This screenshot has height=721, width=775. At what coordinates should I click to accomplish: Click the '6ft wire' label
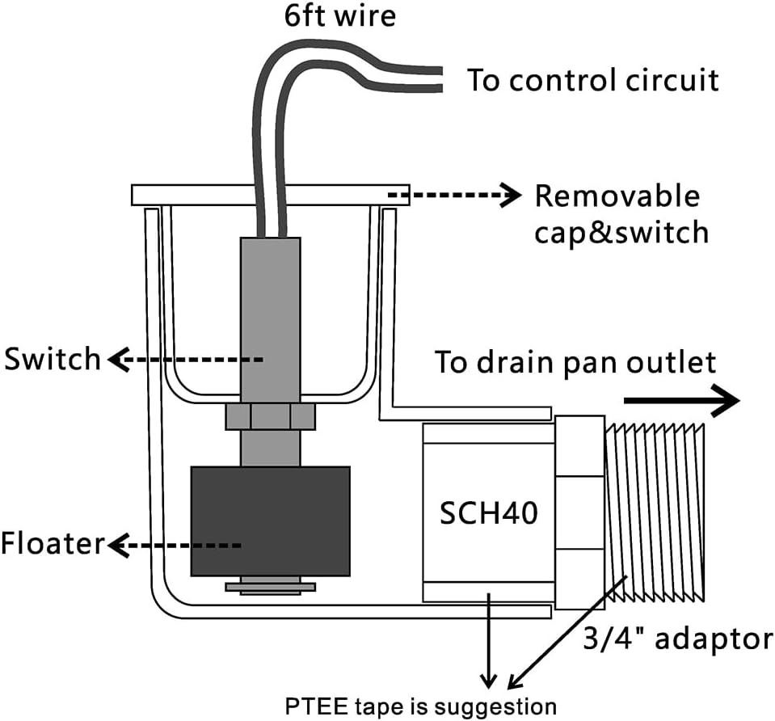coord(340,15)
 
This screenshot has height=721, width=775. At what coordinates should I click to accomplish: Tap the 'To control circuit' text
coord(592,80)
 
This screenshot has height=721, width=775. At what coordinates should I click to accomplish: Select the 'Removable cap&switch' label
coord(621,213)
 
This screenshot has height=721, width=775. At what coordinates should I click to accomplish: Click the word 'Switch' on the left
coord(52,359)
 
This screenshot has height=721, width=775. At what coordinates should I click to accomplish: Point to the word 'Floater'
coord(53,543)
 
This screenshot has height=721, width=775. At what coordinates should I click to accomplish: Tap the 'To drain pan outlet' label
coord(575,362)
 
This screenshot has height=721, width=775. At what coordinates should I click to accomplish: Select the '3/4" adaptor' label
coord(678,639)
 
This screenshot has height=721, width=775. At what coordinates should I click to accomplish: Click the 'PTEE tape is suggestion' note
coord(420,706)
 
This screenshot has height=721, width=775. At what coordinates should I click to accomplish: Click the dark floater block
coord(271,521)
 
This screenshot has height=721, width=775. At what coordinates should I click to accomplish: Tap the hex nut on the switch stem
coord(271,416)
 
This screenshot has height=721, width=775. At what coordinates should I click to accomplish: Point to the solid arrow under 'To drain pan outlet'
coord(681,400)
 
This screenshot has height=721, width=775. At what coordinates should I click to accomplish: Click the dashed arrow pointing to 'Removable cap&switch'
coord(454,196)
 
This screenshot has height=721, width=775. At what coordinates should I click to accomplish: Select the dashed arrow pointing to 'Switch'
coord(185,360)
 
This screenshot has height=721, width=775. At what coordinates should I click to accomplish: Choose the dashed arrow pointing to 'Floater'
coord(174,546)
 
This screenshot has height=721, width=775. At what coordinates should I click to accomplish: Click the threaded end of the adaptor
coord(655,512)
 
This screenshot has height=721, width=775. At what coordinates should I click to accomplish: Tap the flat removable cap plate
coord(271,195)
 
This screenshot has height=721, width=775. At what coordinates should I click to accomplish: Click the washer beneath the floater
coord(271,587)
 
